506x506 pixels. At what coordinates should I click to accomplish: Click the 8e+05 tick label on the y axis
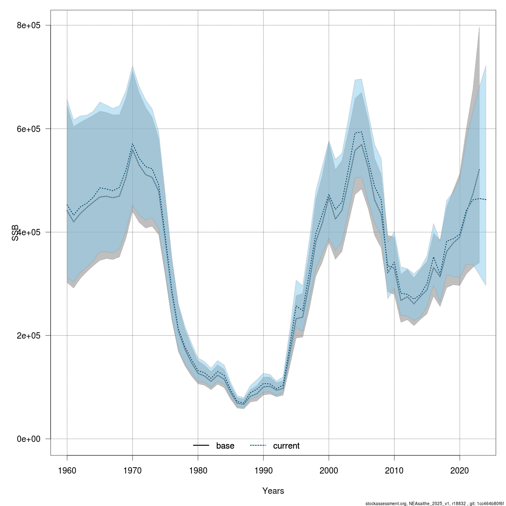pyautogui.click(x=28, y=25)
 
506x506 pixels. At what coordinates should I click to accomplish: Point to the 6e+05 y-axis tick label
pyautogui.click(x=28, y=129)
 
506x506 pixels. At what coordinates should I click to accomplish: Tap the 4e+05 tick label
pyautogui.click(x=28, y=232)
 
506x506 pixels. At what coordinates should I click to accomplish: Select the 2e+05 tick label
pyautogui.click(x=28, y=335)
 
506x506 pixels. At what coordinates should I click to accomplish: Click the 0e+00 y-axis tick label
pyautogui.click(x=28, y=439)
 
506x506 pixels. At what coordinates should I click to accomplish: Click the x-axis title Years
pyautogui.click(x=273, y=491)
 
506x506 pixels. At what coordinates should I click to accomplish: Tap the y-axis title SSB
pyautogui.click(x=16, y=232)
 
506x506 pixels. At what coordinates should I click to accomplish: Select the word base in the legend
pyautogui.click(x=225, y=446)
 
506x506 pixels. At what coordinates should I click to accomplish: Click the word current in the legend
pyautogui.click(x=286, y=446)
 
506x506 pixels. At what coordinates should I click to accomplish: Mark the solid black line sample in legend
pyautogui.click(x=202, y=446)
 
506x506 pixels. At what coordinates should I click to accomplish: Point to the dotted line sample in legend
pyautogui.click(x=258, y=446)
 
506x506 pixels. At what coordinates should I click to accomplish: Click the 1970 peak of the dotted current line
pyautogui.click(x=132, y=144)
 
